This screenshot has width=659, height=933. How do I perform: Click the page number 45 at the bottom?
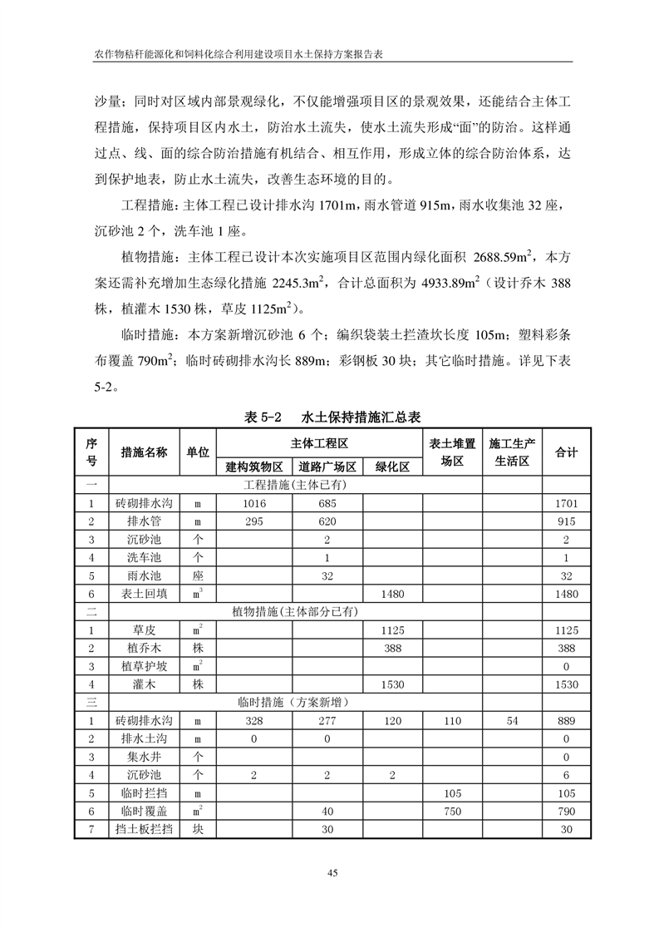332,872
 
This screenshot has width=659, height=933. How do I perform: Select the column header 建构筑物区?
254,467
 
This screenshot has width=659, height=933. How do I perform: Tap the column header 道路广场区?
327,467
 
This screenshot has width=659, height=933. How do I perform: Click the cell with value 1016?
254,503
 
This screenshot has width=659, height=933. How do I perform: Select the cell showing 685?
327,503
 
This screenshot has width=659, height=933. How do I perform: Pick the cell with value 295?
254,521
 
